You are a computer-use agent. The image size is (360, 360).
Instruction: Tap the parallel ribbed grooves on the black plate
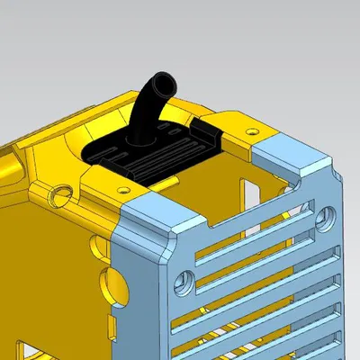tap(162, 157)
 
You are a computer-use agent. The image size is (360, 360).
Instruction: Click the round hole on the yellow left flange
tap(60, 192)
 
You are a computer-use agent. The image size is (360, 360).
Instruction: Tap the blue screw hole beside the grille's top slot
tap(325, 215)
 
